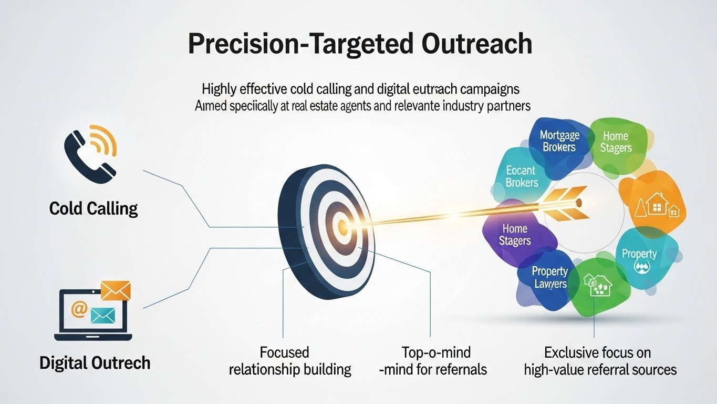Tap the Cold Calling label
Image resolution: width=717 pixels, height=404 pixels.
[x=93, y=209]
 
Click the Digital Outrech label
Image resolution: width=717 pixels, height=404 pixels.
[x=95, y=363]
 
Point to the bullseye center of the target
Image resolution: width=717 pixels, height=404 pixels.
[x=342, y=228]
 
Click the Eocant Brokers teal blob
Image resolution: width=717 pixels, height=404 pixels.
[x=521, y=177]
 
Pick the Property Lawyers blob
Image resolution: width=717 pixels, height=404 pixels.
[x=549, y=277]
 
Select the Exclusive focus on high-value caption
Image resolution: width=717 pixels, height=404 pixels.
[x=600, y=360]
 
